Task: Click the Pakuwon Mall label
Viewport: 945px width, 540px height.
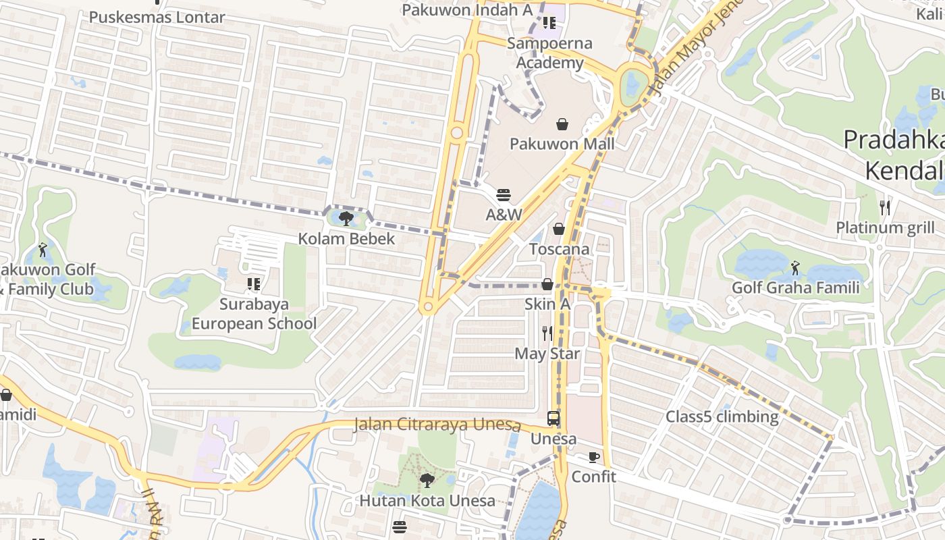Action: tap(562, 144)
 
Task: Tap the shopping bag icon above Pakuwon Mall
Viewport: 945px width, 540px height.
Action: tap(562, 124)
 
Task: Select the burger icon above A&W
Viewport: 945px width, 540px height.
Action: tap(504, 195)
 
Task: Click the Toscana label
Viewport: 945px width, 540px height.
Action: tap(559, 249)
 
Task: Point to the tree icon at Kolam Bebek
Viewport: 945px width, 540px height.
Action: tap(347, 218)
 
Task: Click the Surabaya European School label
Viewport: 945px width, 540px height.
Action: tap(254, 314)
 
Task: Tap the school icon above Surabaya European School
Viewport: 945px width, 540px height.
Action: tap(254, 284)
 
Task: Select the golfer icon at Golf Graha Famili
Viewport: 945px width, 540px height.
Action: tap(795, 268)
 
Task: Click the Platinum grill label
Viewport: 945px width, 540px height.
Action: tap(885, 227)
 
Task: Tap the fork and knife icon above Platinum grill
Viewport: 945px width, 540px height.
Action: tap(885, 207)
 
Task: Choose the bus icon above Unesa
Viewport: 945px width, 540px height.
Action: tap(553, 418)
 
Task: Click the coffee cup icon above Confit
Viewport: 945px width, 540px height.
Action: tap(593, 457)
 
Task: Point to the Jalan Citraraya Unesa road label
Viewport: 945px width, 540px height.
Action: tap(437, 425)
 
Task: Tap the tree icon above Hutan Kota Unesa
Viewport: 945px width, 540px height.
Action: tap(427, 481)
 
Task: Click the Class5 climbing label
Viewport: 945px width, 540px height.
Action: tap(722, 416)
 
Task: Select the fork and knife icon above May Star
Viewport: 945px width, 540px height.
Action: tap(547, 333)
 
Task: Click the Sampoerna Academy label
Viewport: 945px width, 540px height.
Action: tap(549, 53)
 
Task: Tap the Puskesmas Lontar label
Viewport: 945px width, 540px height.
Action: tap(157, 17)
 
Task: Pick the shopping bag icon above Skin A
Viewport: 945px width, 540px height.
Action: tap(547, 284)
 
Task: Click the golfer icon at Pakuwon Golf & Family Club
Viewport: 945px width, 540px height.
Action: tap(43, 250)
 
